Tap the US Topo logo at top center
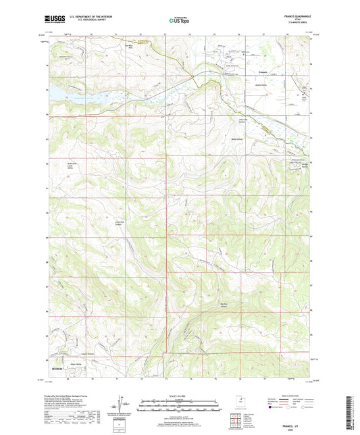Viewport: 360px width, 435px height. pyautogui.click(x=178, y=22)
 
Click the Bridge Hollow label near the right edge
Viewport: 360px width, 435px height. pyautogui.click(x=303, y=166)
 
